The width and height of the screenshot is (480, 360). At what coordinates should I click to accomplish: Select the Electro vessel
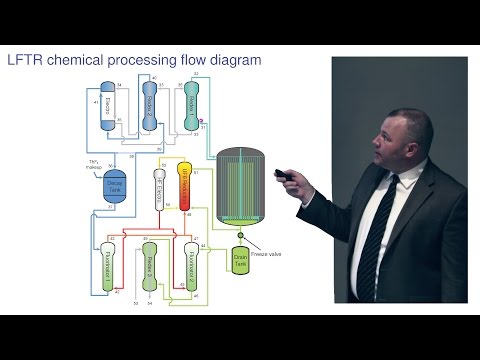pyautogui.click(x=109, y=109)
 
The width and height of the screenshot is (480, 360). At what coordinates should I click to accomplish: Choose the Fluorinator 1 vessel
pyautogui.click(x=107, y=266)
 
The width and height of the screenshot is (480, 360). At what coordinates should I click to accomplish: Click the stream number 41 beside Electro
pyautogui.click(x=94, y=104)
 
